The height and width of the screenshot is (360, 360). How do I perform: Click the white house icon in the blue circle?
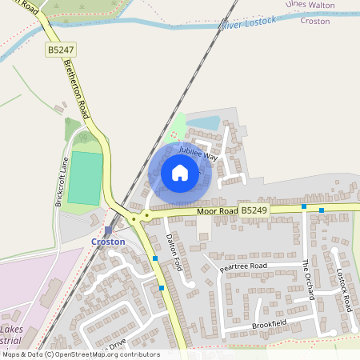tap(180, 173)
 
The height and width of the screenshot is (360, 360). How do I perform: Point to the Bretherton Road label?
tap(81, 85)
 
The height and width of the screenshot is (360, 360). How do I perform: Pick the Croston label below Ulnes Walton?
tap(314, 21)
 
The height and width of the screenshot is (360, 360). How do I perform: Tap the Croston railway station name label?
tap(108, 241)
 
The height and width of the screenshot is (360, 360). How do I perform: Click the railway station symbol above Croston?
tap(108, 230)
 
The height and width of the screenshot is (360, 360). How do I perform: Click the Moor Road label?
tap(218, 211)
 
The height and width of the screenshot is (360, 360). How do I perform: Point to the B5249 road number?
tap(254, 210)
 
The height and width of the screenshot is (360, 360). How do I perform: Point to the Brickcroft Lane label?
tap(60, 182)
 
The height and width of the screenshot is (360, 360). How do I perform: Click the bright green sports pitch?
tap(85, 178)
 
